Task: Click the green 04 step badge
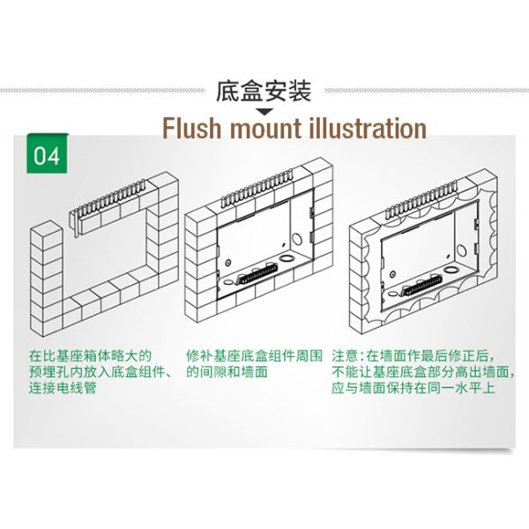coord(47,153)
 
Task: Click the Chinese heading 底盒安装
coord(264,91)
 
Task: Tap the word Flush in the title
coord(191,129)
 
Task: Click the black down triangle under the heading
coord(264,112)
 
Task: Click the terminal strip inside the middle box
coord(257,273)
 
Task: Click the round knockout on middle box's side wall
coord(297,238)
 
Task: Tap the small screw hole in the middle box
coord(228,263)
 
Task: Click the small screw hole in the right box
coord(392,274)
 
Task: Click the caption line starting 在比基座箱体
coord(90,355)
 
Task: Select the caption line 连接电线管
coord(63,388)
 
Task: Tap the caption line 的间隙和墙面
coord(227,372)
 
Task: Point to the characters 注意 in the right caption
coord(344,355)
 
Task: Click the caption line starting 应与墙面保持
coord(413,388)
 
